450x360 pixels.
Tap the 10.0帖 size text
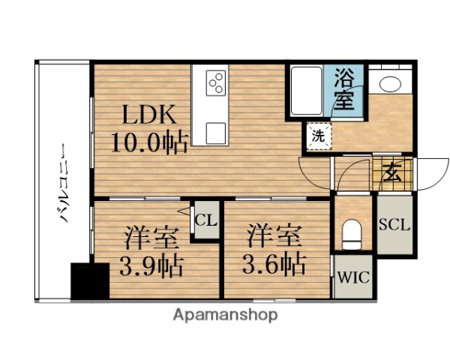[150, 141]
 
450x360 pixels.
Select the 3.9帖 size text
[150, 265]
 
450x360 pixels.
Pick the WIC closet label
[352, 277]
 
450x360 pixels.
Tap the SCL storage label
[394, 225]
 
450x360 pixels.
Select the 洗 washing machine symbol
[319, 136]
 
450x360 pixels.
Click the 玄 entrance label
[391, 173]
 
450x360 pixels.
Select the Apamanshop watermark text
[226, 314]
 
